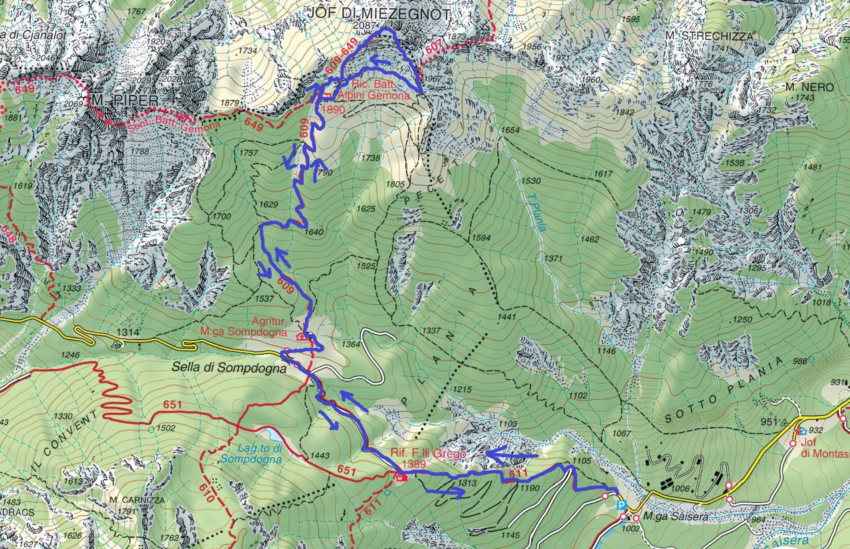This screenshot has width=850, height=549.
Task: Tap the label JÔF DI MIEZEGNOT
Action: pyautogui.click(x=379, y=14)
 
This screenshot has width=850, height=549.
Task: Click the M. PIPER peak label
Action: pyautogui.click(x=125, y=100)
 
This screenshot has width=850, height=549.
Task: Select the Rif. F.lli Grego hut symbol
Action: pyautogui.click(x=401, y=477)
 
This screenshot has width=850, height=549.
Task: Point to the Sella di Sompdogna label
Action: pyautogui.click(x=229, y=368)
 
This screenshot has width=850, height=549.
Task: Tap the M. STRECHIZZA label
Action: pyautogui.click(x=709, y=36)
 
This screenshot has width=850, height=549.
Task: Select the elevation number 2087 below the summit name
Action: pyautogui.click(x=364, y=25)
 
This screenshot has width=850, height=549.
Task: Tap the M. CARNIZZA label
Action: pyautogui.click(x=137, y=500)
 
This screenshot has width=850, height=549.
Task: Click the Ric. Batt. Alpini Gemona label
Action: pyautogui.click(x=373, y=90)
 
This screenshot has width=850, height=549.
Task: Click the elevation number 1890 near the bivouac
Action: pyautogui.click(x=333, y=110)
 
